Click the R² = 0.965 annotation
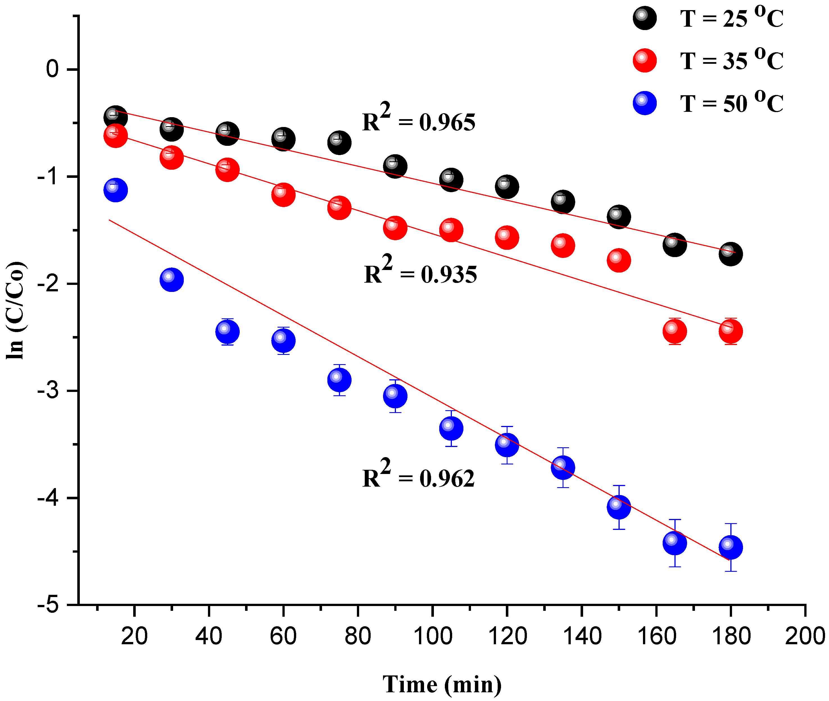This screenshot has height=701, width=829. point(418,118)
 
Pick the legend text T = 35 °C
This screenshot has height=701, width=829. point(731,60)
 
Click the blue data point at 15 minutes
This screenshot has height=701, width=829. point(115,190)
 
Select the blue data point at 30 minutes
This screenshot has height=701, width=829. point(171,280)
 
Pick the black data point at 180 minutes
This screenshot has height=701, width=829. point(730,254)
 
